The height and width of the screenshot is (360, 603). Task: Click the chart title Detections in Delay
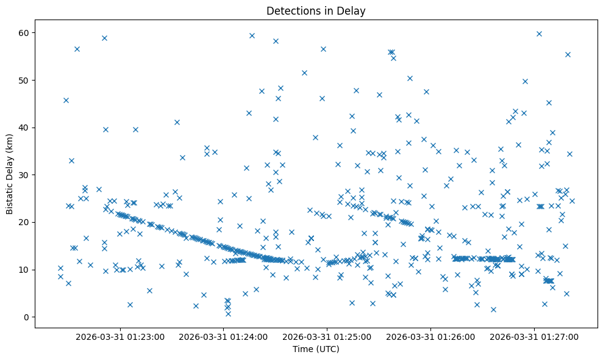point(316,10)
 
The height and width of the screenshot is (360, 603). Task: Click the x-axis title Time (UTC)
point(316,349)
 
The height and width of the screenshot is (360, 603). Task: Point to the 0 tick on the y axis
point(25,317)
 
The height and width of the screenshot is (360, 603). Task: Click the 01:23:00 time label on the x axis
point(120,336)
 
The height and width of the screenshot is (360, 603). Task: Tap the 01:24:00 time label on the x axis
point(224,336)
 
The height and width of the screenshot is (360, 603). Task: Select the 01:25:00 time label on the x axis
point(327,336)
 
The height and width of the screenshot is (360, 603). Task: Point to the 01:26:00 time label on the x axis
point(431,336)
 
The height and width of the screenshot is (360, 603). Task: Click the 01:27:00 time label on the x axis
point(535,336)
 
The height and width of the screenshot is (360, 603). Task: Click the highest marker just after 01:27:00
point(539,34)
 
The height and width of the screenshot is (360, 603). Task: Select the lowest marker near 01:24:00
point(228,314)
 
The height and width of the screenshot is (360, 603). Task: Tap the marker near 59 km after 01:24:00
point(252,35)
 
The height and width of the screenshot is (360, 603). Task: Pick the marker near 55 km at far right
point(568,54)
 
